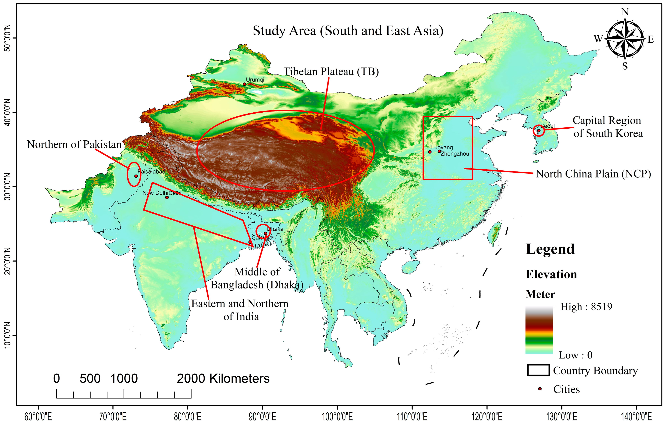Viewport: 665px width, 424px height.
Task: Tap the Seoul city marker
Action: (539, 130)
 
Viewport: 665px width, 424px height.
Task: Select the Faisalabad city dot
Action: (136, 176)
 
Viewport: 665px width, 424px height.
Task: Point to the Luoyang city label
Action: (442, 148)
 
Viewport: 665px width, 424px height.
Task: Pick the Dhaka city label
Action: (276, 229)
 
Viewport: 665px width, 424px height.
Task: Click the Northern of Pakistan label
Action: (74, 144)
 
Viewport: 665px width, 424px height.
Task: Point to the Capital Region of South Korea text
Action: (607, 127)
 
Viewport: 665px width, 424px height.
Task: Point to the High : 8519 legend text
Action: (586, 307)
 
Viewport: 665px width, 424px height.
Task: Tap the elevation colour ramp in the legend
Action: (539, 330)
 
